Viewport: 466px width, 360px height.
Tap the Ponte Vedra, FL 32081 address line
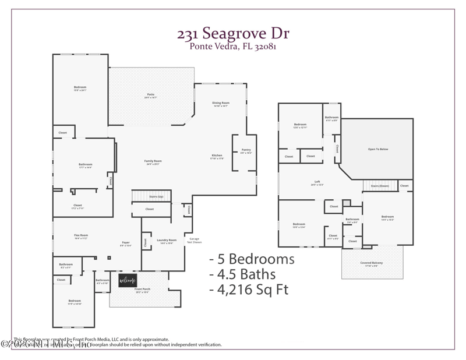click(233, 47)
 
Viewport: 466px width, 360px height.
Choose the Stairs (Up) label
click(150, 197)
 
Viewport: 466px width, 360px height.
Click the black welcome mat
click(128, 281)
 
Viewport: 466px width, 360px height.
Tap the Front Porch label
click(143, 290)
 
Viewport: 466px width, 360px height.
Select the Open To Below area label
click(378, 149)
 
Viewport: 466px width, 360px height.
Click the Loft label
click(317, 182)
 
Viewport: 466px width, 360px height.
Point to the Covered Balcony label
click(371, 263)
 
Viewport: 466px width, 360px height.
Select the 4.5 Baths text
click(243, 273)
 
